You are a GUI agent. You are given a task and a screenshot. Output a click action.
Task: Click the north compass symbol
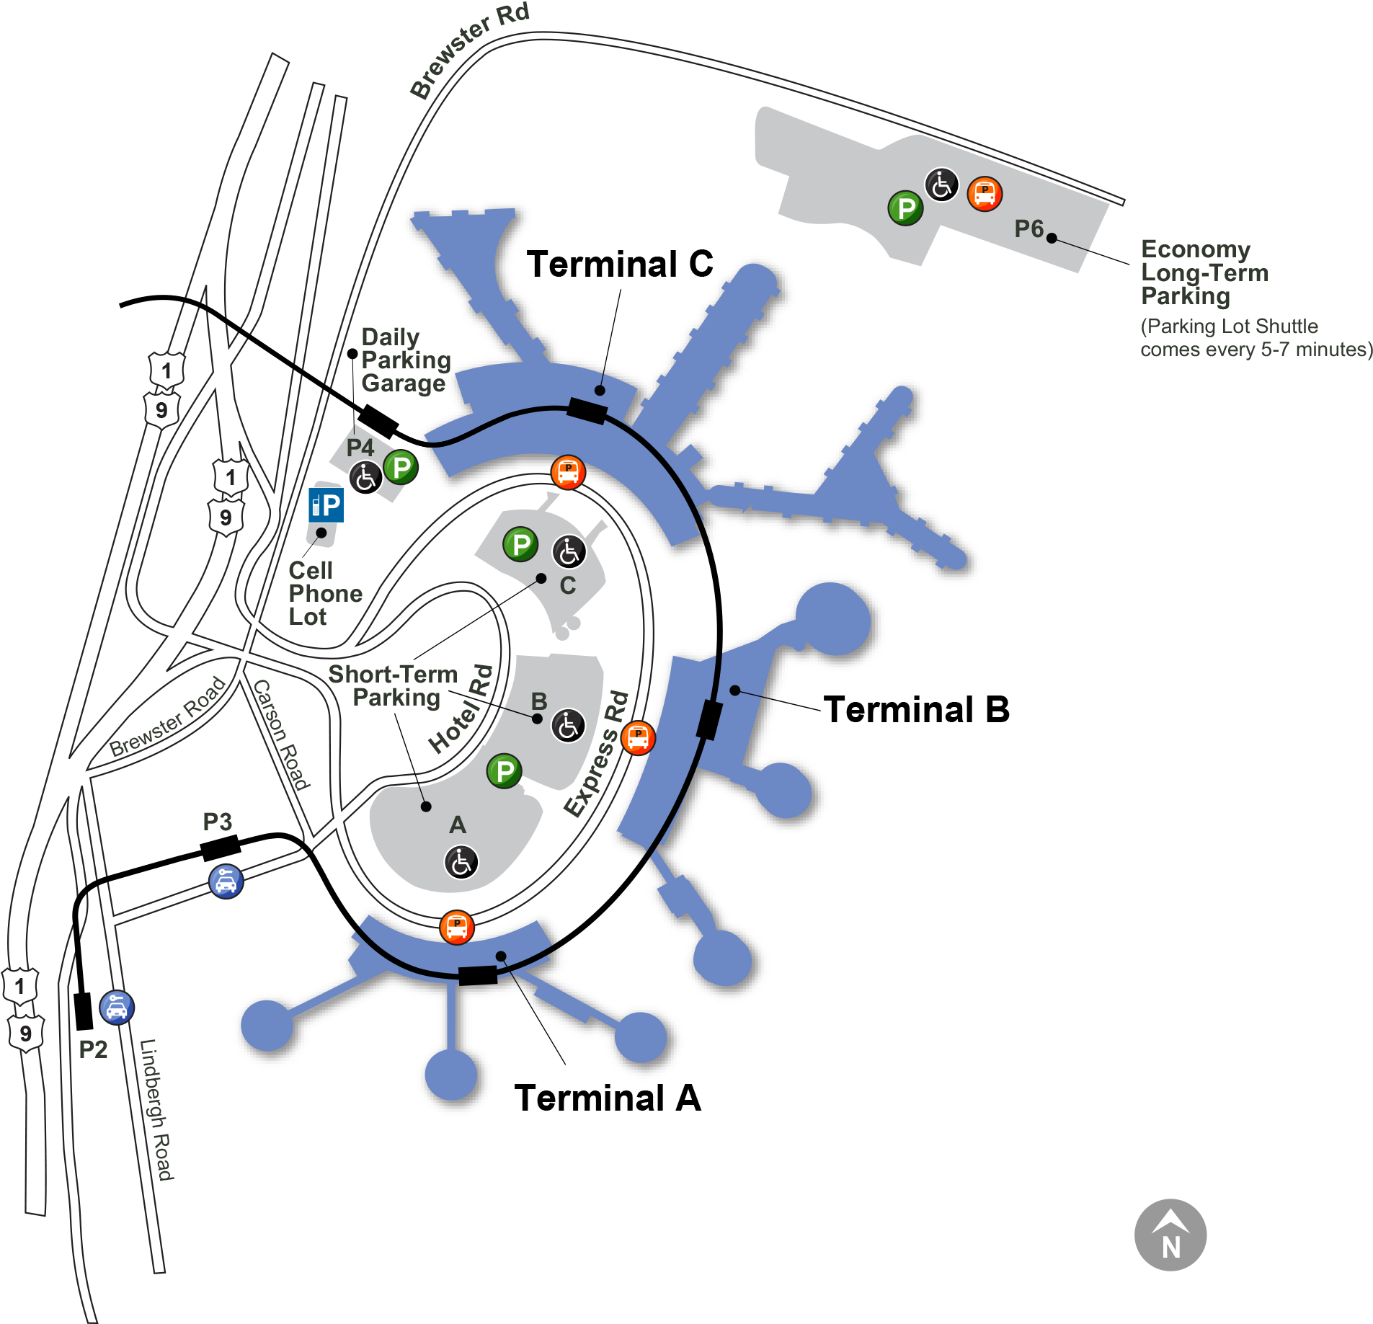pos(1170,1235)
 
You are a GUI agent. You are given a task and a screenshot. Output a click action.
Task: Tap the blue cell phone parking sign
pos(326,505)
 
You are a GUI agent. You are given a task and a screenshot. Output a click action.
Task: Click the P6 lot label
pos(1028,229)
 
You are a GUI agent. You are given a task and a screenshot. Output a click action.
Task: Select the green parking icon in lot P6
pos(906,208)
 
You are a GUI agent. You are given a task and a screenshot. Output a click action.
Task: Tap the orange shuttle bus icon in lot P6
pos(985,193)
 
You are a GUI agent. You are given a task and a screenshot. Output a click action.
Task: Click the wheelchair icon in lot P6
pos(942,185)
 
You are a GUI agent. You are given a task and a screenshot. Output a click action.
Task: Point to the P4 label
pos(360,448)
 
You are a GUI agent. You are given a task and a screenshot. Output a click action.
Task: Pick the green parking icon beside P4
pos(401,467)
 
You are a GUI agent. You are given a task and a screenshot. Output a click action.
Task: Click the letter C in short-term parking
pos(568,585)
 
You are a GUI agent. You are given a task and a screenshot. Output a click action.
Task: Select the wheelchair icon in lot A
pos(461,862)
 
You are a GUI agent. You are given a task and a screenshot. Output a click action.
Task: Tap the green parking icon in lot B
pos(505,771)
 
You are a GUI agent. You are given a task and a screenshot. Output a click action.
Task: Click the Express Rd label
pos(596,754)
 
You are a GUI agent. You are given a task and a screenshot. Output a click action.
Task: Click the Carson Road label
pos(281,734)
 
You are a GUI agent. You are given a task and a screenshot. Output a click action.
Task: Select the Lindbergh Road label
pos(156,1110)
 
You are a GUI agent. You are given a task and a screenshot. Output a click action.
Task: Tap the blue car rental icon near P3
pos(226,881)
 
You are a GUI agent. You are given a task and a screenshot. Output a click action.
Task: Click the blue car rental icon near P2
pos(117,1008)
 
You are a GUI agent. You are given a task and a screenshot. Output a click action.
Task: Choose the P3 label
pos(217,822)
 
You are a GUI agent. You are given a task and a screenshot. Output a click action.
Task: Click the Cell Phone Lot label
pos(324,593)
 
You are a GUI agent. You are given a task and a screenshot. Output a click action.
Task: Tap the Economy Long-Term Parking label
pos(1204,272)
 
